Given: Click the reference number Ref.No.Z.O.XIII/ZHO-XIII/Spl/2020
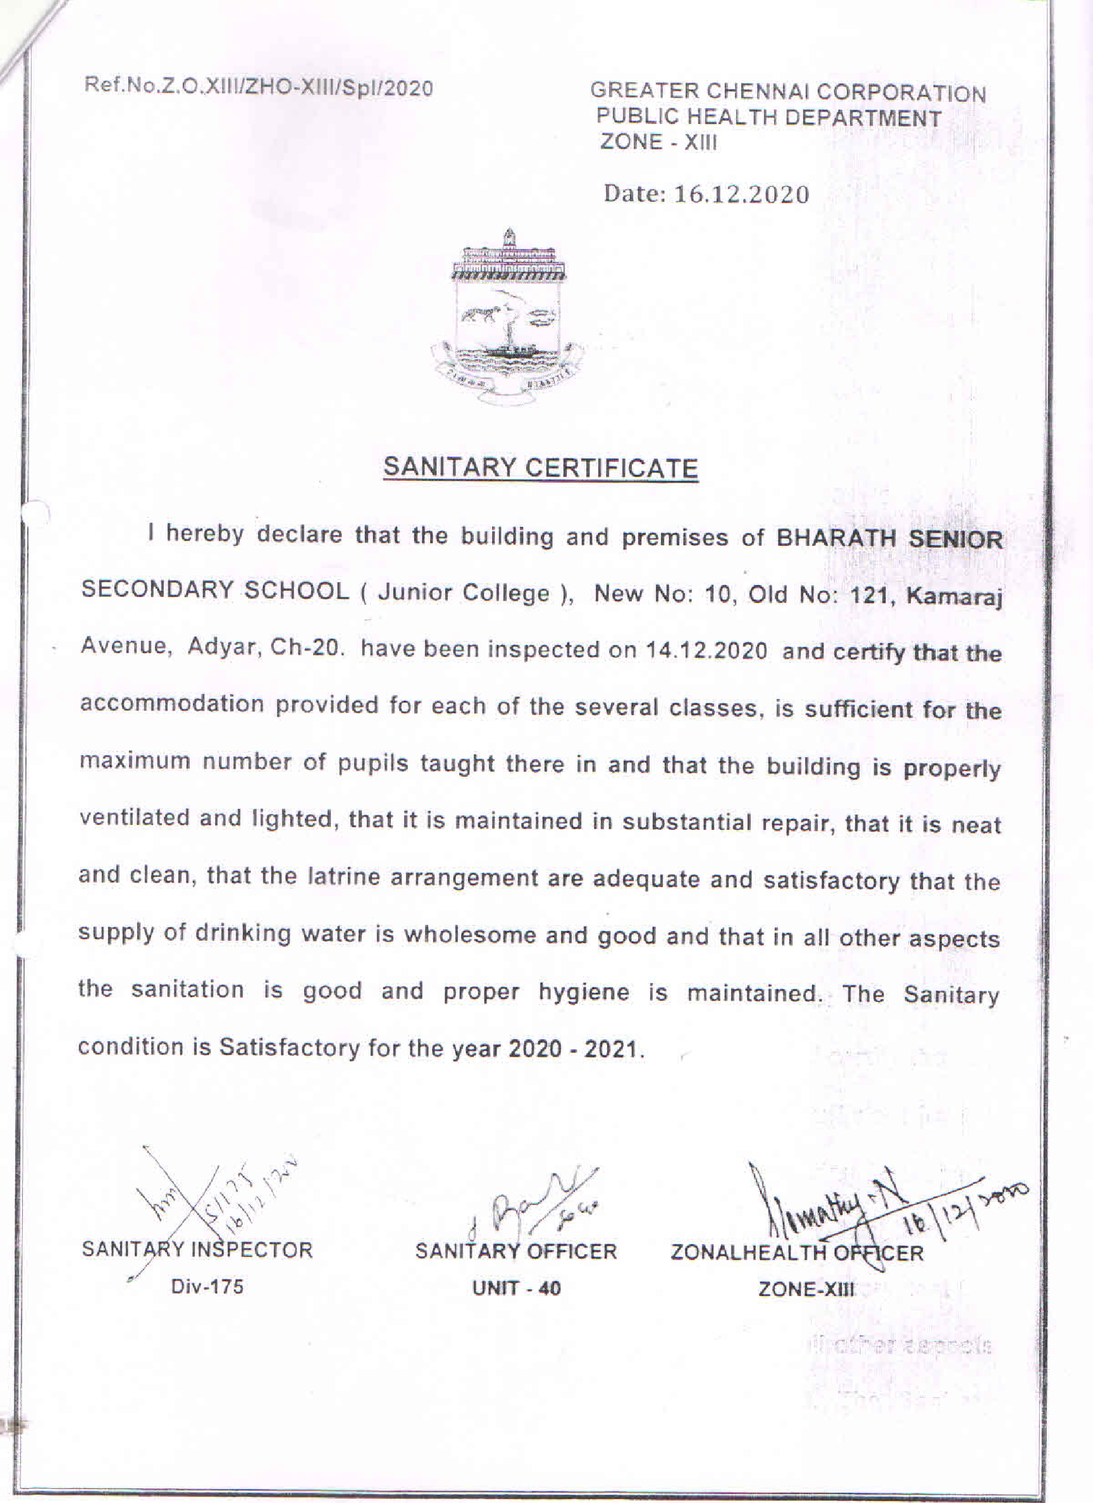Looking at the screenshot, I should (x=259, y=87).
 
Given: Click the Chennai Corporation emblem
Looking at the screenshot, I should (x=508, y=317).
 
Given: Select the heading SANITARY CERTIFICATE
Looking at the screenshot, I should (x=540, y=467).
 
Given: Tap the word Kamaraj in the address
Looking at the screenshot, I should (x=954, y=596).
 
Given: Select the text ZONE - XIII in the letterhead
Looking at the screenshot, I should (x=658, y=142).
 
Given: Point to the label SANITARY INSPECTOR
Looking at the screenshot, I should (x=197, y=1250).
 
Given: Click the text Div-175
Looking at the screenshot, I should (x=207, y=1286).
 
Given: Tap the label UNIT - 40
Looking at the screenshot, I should (x=516, y=1289).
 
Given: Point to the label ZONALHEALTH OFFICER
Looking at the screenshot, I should (x=797, y=1252).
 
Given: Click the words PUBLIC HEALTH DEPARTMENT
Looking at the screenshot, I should (x=769, y=117).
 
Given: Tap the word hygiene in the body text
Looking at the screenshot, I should (x=583, y=992).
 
